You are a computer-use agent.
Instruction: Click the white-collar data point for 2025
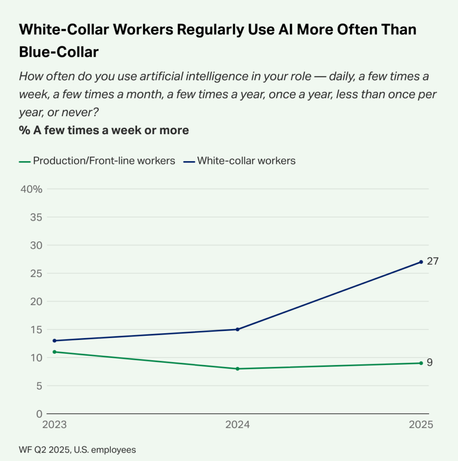coord(421,262)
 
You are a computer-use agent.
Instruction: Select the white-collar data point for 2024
coord(238,329)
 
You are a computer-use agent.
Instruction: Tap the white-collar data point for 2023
coord(55,340)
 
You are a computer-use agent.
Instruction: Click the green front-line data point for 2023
coord(55,352)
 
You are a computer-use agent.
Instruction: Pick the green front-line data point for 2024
coord(238,369)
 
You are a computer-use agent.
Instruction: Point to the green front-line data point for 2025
coord(421,363)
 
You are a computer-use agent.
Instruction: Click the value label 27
coord(432,261)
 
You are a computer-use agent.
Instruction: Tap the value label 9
coord(430,362)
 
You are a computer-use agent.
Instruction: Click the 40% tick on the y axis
coord(32,189)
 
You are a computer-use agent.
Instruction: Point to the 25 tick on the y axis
coord(37,273)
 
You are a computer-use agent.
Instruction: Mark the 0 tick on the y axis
coord(39,414)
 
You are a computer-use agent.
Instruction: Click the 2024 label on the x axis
coord(238,425)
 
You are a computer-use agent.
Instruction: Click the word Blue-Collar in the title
coord(59,51)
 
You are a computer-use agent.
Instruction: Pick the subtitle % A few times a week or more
coord(104,131)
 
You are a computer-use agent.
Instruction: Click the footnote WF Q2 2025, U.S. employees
coord(77,449)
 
